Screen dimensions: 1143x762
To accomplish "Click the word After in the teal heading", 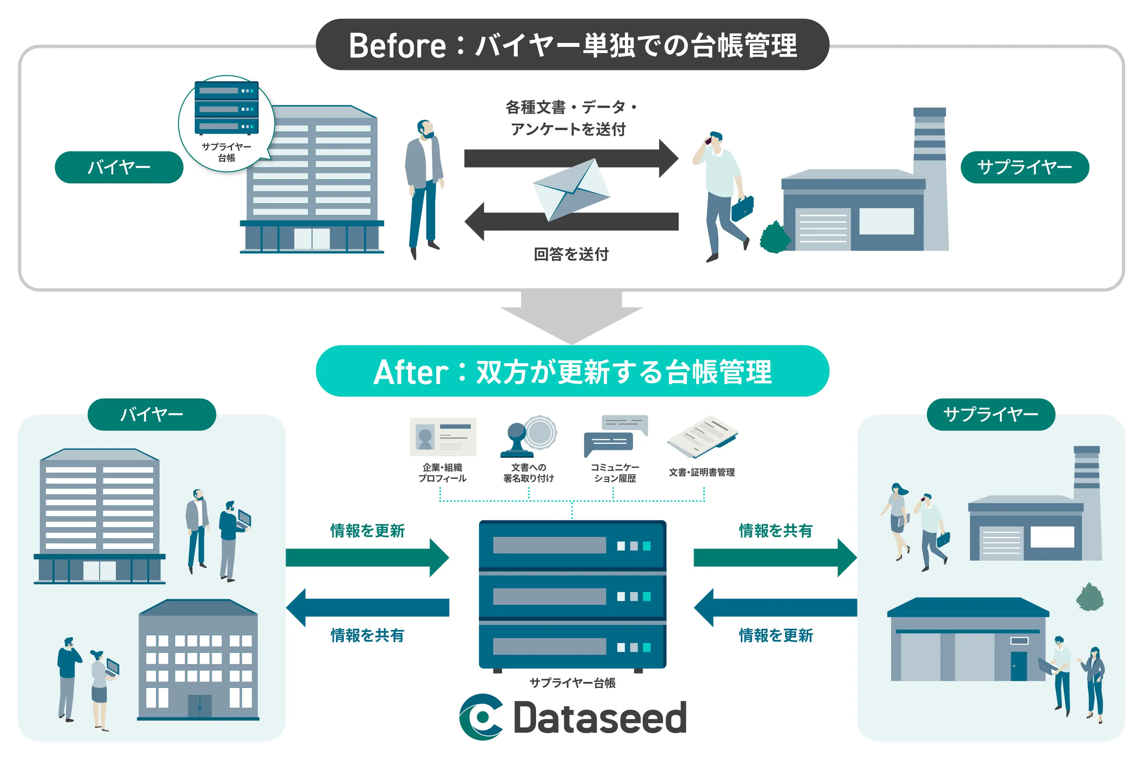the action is coord(411,373).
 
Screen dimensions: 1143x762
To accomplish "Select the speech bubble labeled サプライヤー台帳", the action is coord(226,124).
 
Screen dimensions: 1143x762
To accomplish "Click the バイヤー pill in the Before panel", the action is coord(119,167).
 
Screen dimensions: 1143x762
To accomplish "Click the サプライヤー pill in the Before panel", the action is coord(1025,167).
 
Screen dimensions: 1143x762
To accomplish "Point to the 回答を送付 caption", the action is coord(571,254).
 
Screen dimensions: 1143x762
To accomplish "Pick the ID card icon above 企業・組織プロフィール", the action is coord(443,436).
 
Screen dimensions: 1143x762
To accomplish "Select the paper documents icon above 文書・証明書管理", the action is coord(703,437).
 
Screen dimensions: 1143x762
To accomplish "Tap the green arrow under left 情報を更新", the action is coord(367,557).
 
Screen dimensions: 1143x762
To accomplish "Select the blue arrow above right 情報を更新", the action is coord(775,607).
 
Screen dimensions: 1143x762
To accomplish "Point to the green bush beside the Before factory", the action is coord(774,237).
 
